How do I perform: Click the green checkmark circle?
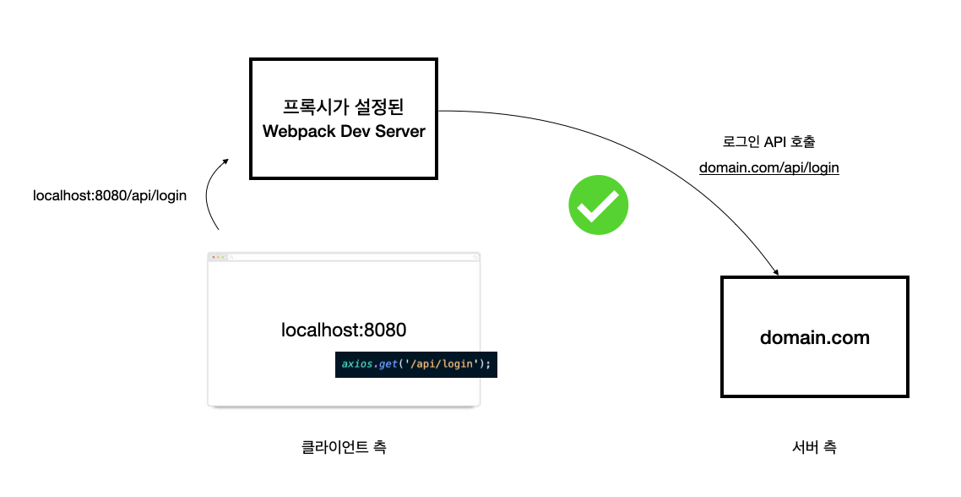[599, 205]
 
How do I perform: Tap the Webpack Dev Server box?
[344, 118]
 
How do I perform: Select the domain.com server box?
[814, 336]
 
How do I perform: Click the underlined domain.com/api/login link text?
[768, 167]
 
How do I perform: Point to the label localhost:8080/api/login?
[109, 195]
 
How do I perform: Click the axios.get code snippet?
[415, 364]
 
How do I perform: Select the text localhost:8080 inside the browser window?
[344, 330]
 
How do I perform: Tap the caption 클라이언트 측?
[344, 447]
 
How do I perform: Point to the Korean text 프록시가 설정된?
[344, 107]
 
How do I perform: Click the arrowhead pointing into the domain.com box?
[774, 271]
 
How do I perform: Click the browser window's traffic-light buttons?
[218, 256]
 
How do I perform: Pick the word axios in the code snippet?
[357, 364]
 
